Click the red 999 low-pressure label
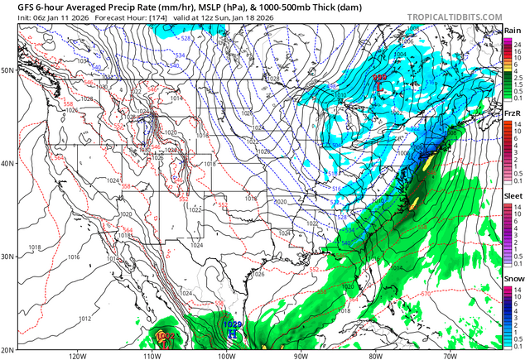click(379, 77)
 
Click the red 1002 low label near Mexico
click(165, 336)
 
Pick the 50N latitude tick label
click(7, 70)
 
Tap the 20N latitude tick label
click(7, 348)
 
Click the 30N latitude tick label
click(7, 257)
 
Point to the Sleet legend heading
click(513, 200)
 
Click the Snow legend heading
click(513, 281)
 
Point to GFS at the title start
click(12, 5)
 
